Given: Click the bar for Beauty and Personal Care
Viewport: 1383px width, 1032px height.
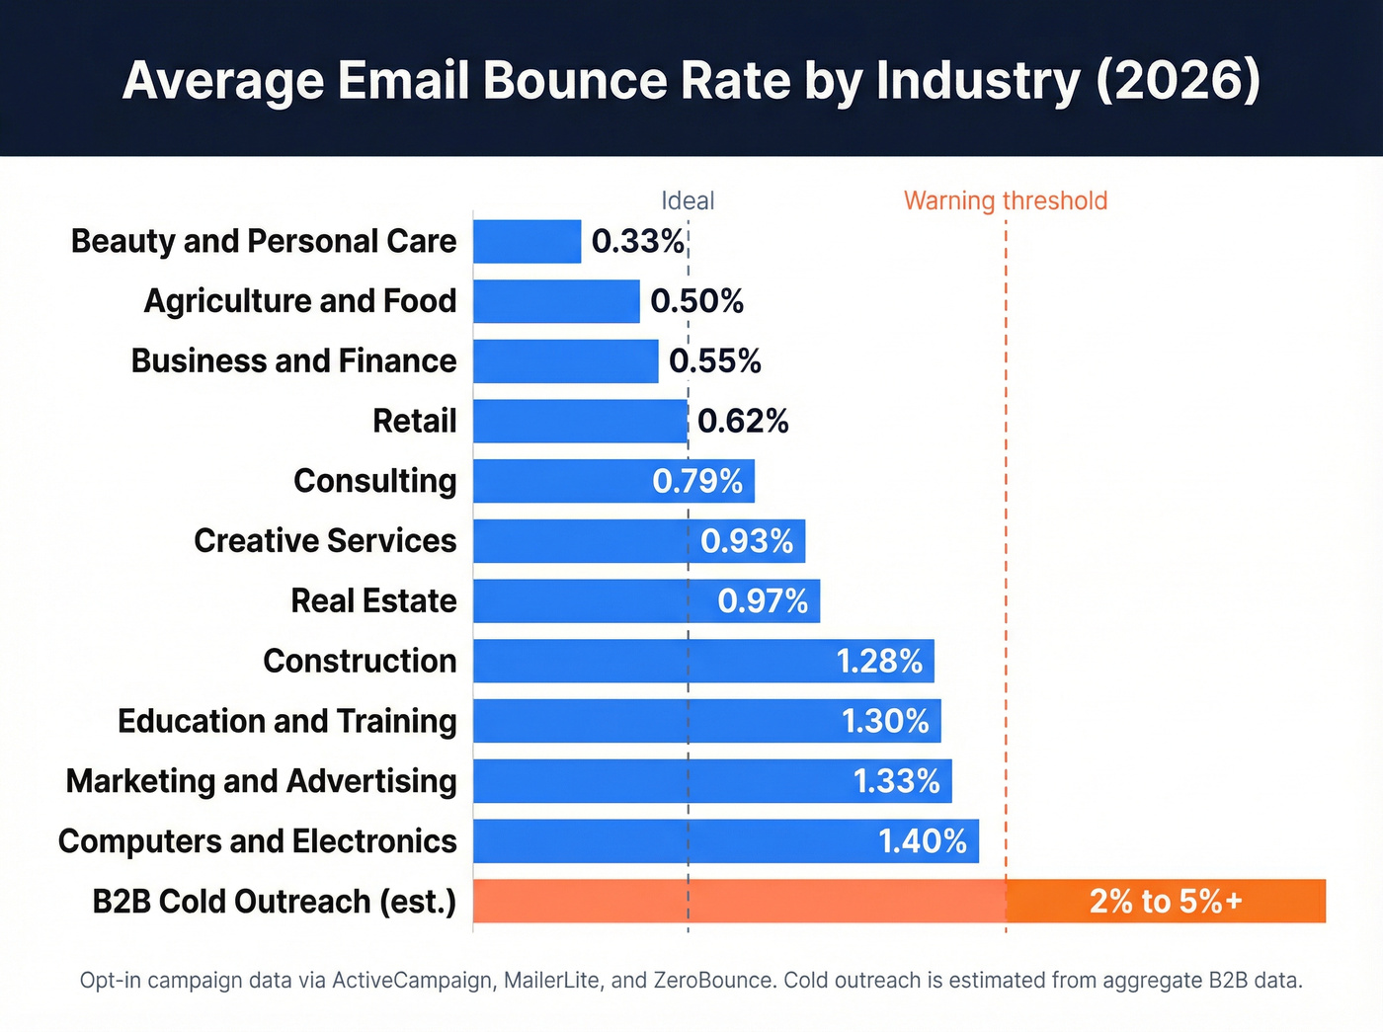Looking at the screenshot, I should pos(527,241).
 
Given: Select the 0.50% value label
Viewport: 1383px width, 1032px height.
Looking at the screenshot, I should pos(696,301).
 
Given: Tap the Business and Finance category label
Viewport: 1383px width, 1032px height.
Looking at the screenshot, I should pos(293,361).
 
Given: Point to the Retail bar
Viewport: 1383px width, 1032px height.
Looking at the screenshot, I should pos(580,422).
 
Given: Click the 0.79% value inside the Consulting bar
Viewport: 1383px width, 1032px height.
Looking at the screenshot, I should pos(697,481).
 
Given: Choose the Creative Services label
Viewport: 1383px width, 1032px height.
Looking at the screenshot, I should pos(325,541).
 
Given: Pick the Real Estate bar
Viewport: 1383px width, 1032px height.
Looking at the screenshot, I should pos(593,601).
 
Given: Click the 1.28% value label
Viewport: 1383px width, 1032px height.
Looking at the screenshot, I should pos(879,661).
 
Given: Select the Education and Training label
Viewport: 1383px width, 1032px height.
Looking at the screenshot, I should pos(286,721).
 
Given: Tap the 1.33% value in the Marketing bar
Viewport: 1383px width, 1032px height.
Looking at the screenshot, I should pos(896,781).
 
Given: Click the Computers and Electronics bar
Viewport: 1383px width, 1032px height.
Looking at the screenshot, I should pos(672,841).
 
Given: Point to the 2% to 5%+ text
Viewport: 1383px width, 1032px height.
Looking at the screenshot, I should pos(1166,901).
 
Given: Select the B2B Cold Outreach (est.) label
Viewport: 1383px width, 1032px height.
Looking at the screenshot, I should pos(274,902).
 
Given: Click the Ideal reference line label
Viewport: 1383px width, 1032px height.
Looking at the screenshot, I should pos(688,200).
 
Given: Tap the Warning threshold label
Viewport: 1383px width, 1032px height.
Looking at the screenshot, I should pos(1006,200).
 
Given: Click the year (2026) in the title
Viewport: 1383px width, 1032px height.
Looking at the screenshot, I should pos(1178,80).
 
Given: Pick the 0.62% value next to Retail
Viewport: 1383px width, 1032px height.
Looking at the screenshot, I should pos(743,422).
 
